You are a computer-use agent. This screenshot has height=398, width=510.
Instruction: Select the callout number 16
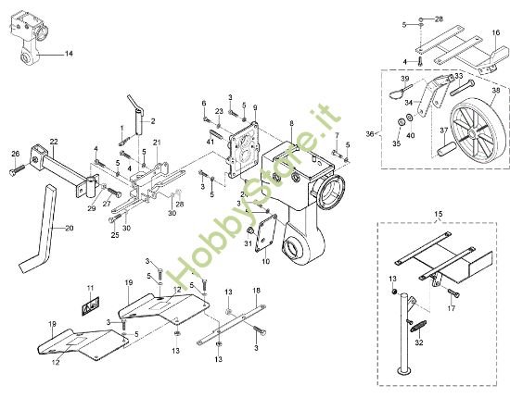495,33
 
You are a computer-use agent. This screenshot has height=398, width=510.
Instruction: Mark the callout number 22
54,141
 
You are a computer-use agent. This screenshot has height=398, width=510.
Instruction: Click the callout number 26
15,154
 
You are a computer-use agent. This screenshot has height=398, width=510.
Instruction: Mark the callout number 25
115,235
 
